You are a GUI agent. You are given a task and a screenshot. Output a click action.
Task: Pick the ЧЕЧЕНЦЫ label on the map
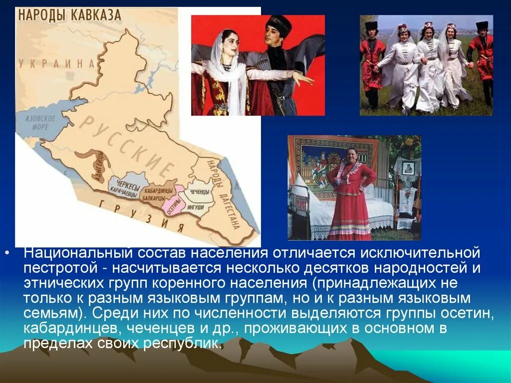click(x=200, y=191)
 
